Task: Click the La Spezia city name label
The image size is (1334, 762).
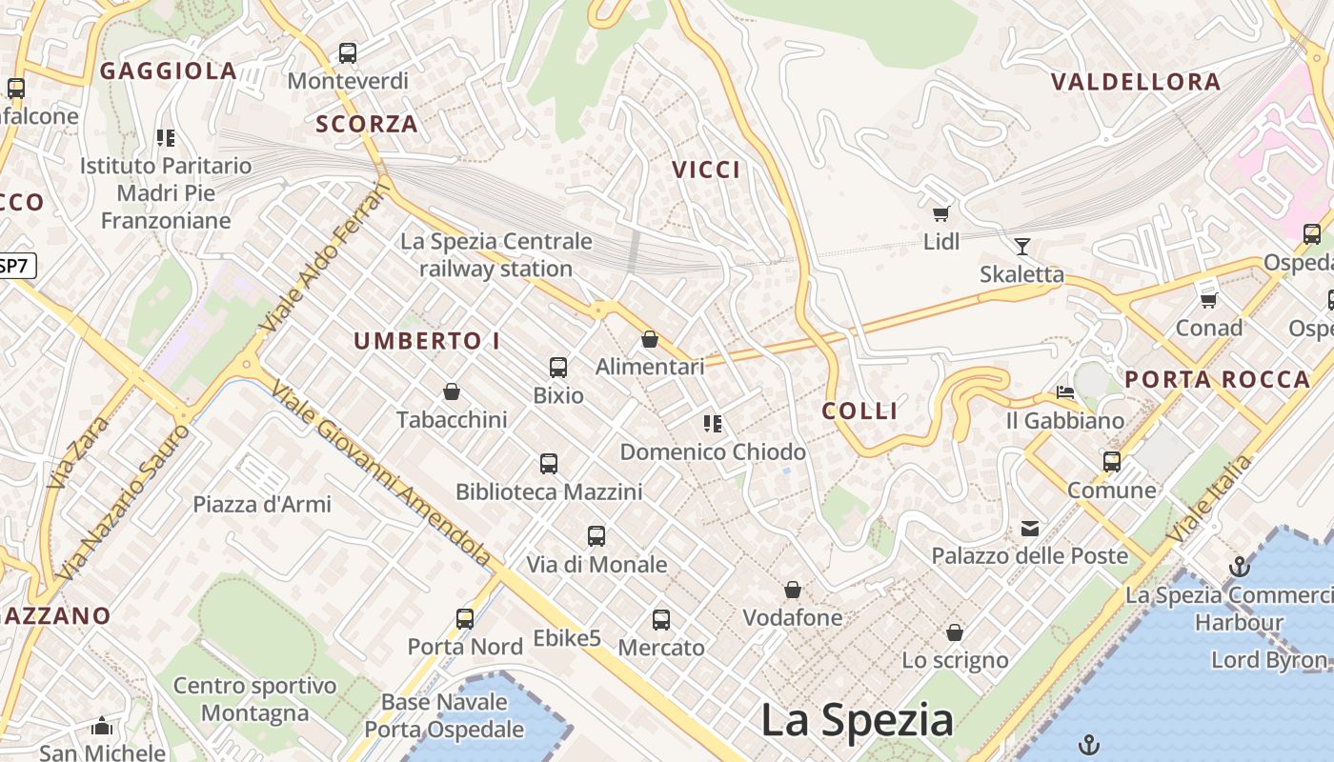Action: (x=857, y=720)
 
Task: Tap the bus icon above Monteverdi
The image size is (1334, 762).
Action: (x=348, y=53)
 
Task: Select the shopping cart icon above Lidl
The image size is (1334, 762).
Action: (x=941, y=214)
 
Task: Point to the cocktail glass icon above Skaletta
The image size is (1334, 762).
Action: (x=1022, y=247)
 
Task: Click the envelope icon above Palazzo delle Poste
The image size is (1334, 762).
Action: (x=1030, y=528)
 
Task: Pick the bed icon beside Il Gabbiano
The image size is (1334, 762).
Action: (x=1065, y=392)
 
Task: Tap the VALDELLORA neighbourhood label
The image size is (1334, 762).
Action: (x=1136, y=82)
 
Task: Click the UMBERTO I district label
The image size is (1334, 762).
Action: (x=427, y=341)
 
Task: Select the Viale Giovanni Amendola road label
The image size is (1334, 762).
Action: (x=381, y=473)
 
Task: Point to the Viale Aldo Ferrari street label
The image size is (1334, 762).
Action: (x=325, y=257)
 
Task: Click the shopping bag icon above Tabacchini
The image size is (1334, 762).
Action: (x=452, y=391)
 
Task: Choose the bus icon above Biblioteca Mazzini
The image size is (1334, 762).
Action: (x=549, y=464)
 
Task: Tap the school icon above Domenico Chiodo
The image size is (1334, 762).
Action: (x=713, y=423)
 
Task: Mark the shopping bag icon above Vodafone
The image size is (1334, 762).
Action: (x=793, y=591)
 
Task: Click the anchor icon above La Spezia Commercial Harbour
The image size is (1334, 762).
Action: (x=1239, y=567)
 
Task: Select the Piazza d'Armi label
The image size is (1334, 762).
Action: (x=262, y=504)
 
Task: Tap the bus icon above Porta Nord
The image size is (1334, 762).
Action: (x=465, y=619)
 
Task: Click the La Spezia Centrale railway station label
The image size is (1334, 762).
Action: (x=496, y=255)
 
